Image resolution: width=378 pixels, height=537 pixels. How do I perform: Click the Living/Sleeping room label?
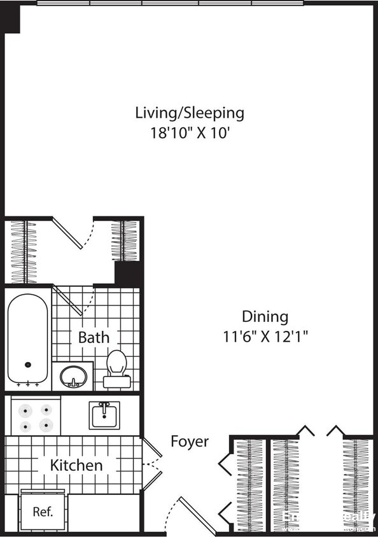click(189, 113)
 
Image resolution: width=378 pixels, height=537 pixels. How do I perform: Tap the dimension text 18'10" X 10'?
click(189, 134)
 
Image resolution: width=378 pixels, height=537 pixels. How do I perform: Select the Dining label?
click(265, 316)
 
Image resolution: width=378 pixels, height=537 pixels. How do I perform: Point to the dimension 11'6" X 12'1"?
click(265, 337)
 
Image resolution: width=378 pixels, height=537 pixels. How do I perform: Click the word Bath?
click(94, 337)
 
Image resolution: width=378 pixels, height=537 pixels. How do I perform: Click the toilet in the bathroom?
click(117, 368)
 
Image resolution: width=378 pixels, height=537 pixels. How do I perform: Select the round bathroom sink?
click(73, 376)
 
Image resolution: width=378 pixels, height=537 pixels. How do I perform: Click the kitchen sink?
click(104, 415)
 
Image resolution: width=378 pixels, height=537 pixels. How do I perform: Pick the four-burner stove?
click(36, 417)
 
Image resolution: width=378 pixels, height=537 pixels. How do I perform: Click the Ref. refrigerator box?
click(43, 512)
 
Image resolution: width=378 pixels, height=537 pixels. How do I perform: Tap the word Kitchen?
click(76, 465)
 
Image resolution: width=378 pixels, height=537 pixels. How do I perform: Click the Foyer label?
click(189, 442)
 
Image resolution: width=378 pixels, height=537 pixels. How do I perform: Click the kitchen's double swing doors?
click(151, 464)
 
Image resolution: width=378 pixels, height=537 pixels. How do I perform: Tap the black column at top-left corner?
click(11, 20)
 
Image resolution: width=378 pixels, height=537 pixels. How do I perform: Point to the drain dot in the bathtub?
click(28, 365)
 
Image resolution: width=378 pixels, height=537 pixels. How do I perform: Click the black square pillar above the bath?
click(129, 274)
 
